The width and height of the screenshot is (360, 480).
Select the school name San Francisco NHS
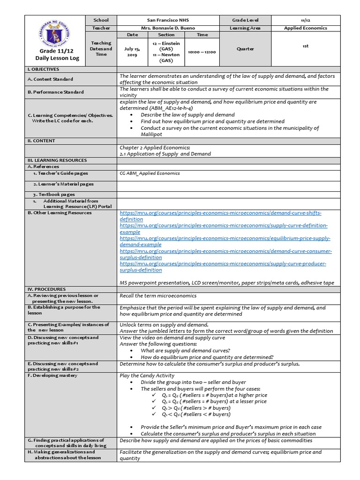click(167, 20)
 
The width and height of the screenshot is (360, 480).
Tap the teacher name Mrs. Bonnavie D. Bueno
click(167, 28)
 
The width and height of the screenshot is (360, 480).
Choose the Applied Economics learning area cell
click(305, 28)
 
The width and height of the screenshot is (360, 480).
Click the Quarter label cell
click(246, 49)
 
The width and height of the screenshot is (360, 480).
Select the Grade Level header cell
click(246, 20)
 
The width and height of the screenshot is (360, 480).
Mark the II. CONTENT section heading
click(41, 141)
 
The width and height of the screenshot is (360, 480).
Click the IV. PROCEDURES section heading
click(46, 289)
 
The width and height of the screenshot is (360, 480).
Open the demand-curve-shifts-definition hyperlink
click(220, 216)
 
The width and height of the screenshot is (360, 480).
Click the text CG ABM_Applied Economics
click(150, 173)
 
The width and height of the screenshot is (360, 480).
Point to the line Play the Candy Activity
click(147, 375)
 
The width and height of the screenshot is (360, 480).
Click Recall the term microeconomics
click(158, 296)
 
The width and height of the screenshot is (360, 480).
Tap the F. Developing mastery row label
click(52, 376)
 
